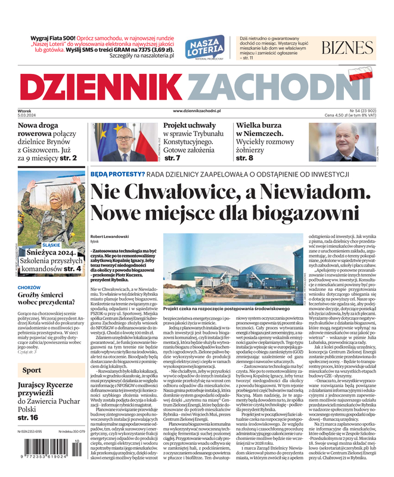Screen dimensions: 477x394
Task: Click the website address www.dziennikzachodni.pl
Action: click(197, 111)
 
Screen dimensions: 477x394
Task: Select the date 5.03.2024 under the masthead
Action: click(26, 116)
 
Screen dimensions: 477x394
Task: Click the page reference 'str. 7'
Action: click(172, 159)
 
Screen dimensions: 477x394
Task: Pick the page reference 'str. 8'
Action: click(244, 159)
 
